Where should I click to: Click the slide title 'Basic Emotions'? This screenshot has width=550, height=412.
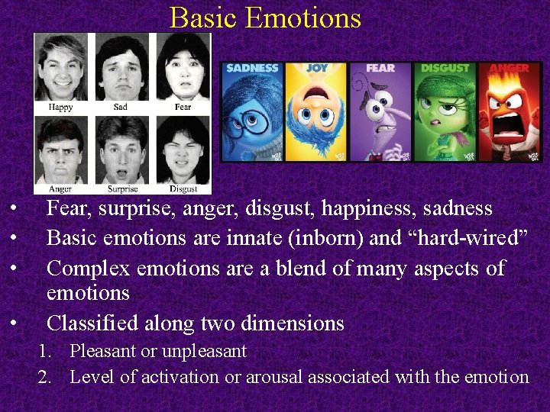[x=265, y=17]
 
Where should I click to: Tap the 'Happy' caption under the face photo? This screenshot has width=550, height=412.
[x=61, y=107]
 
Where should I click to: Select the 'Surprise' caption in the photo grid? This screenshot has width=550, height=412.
[x=122, y=188]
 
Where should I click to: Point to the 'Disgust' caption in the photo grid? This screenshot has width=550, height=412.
[x=183, y=188]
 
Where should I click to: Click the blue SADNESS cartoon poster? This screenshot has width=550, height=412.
[x=252, y=111]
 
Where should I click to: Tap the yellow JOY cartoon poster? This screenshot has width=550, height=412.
[x=316, y=111]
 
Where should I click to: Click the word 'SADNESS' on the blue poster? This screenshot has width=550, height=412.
[x=252, y=68]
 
